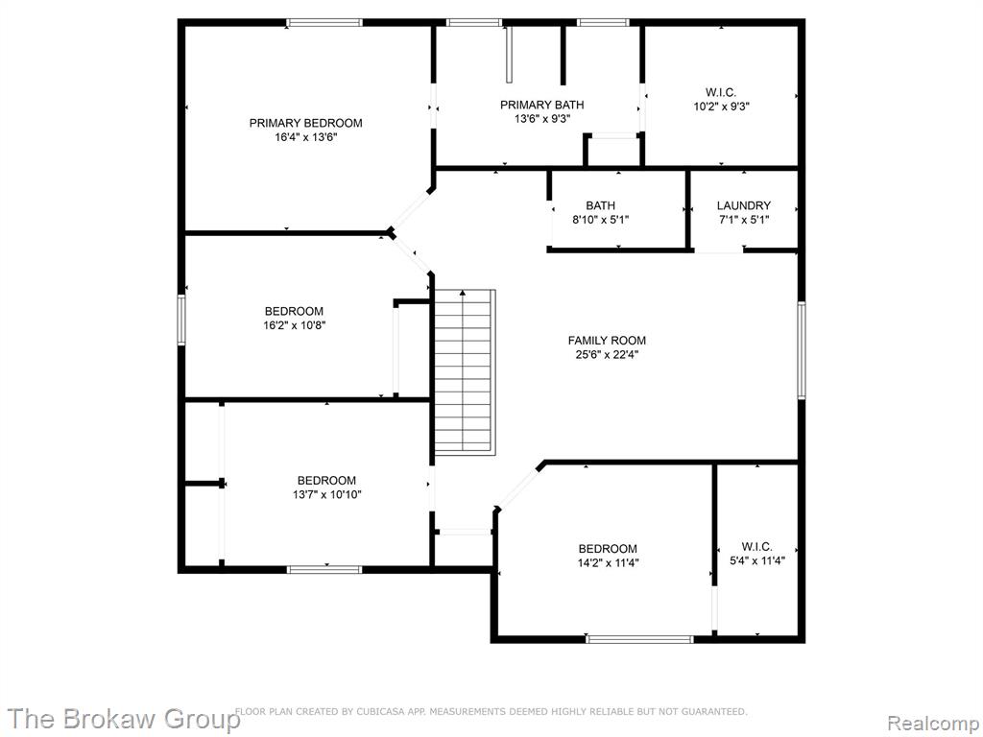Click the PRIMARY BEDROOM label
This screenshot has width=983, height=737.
point(306,123)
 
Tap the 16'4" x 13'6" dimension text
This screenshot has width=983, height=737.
point(306,137)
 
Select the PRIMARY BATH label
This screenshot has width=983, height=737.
point(542,105)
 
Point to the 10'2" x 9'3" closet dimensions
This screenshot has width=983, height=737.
point(722,107)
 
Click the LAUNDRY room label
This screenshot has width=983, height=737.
point(744,205)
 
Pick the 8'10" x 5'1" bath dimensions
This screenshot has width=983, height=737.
point(601,220)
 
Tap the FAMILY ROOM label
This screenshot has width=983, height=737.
point(607,341)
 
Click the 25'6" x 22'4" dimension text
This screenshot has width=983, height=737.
point(607,355)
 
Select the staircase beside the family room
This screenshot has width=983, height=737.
point(465,372)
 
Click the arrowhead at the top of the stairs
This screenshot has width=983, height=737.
point(463,292)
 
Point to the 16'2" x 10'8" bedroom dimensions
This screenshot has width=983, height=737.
point(294,325)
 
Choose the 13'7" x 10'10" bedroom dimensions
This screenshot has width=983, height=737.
point(326,494)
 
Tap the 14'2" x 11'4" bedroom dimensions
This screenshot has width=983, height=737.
point(608,562)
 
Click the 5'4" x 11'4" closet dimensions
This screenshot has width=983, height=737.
point(757,560)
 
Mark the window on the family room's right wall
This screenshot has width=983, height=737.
point(802,349)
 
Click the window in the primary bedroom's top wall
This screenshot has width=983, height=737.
point(324,23)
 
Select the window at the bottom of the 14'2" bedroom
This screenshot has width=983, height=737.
point(640,639)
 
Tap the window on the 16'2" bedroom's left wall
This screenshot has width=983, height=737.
point(181,320)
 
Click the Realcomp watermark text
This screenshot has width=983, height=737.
point(931,724)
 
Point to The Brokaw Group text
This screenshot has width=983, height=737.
point(124,718)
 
